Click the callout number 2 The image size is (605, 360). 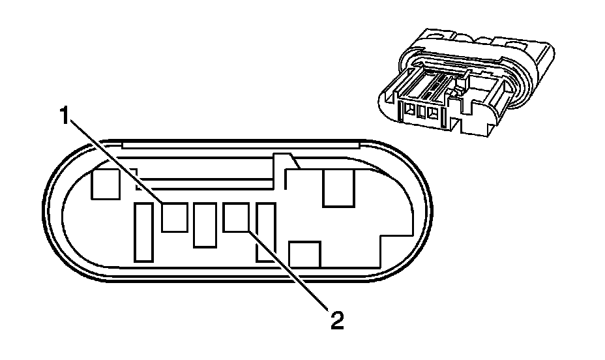[336, 320]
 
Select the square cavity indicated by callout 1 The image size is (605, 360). [175, 217]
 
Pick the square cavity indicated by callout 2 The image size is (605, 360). [236, 217]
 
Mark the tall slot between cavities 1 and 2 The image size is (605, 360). [205, 225]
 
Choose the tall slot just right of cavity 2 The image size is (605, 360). [265, 232]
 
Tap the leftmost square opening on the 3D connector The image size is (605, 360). [411, 112]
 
